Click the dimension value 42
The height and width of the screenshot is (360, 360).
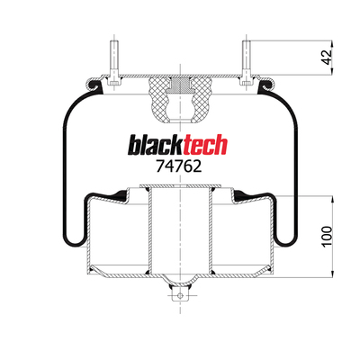(x=328, y=57)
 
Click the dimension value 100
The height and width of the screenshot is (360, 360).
(x=328, y=237)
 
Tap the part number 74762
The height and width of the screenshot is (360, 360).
(x=179, y=166)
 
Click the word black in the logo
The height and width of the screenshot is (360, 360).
(x=156, y=145)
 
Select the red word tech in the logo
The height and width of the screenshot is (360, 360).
(x=205, y=145)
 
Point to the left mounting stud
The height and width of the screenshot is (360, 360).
(x=114, y=62)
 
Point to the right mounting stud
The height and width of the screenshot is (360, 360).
(x=246, y=62)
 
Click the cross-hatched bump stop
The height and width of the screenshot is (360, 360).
(x=180, y=100)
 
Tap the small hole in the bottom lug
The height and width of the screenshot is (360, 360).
(x=180, y=295)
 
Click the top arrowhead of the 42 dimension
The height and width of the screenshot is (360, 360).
(x=332, y=43)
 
